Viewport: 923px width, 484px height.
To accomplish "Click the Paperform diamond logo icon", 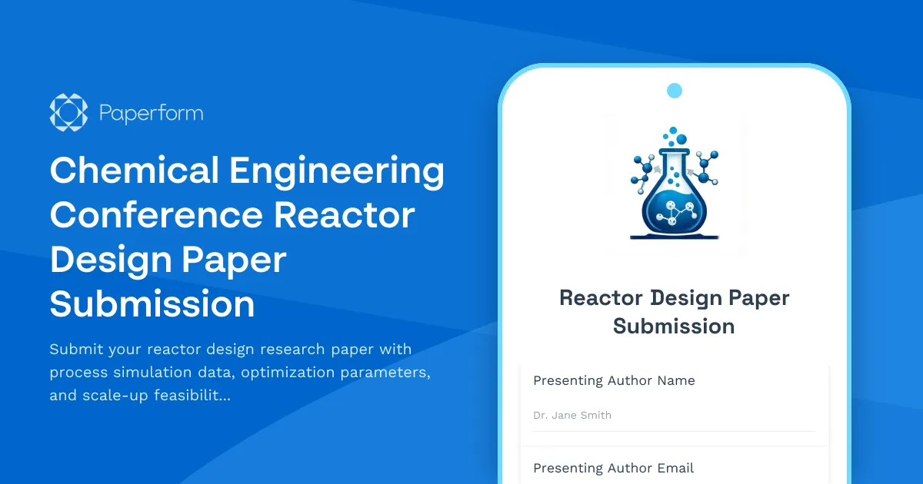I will pos(68,113).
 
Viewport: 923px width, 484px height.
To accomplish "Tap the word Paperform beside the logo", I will pos(151,114).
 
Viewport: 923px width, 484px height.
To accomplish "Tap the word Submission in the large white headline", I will pos(152,304).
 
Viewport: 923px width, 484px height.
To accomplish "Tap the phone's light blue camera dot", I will pos(675,91).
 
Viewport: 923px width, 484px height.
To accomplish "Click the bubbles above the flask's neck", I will pos(675,137).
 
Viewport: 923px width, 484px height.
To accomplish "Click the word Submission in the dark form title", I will pos(674,327).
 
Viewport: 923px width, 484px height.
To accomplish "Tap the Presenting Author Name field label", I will pos(614,380).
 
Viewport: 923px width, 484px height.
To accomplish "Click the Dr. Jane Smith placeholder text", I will pos(572,416).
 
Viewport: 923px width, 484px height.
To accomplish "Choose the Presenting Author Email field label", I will pos(613,468).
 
